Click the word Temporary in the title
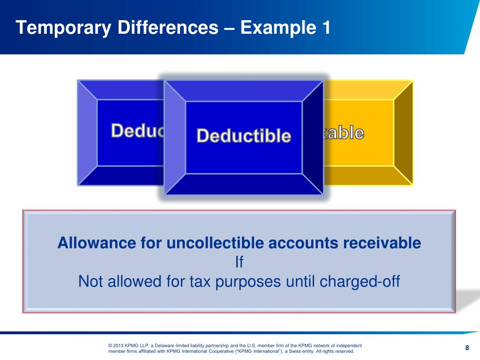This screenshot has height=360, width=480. [x=63, y=28]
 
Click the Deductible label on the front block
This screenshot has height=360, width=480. [x=244, y=136]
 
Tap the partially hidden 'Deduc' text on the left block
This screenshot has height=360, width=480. [x=137, y=131]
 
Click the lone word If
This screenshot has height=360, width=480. [x=239, y=262]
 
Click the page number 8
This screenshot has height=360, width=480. [x=467, y=347]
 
